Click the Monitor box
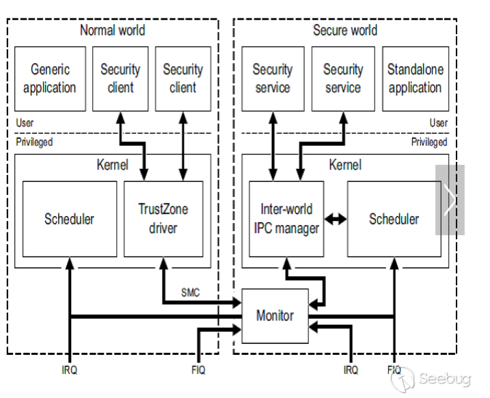pos(275,316)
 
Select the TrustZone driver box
pos(163,218)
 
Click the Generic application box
pos(50,78)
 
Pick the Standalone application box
pos(415,78)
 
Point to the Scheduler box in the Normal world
pos(69,219)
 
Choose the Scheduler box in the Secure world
pos(394,219)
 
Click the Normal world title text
pos(113,30)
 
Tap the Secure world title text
pos(344,30)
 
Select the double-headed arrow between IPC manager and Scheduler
pos(336,219)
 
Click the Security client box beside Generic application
pos(120,78)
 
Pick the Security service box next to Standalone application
pos(343,78)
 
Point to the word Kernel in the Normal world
pos(113,165)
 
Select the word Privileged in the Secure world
pos(428,142)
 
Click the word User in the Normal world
pos(25,123)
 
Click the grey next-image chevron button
pos(450,200)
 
